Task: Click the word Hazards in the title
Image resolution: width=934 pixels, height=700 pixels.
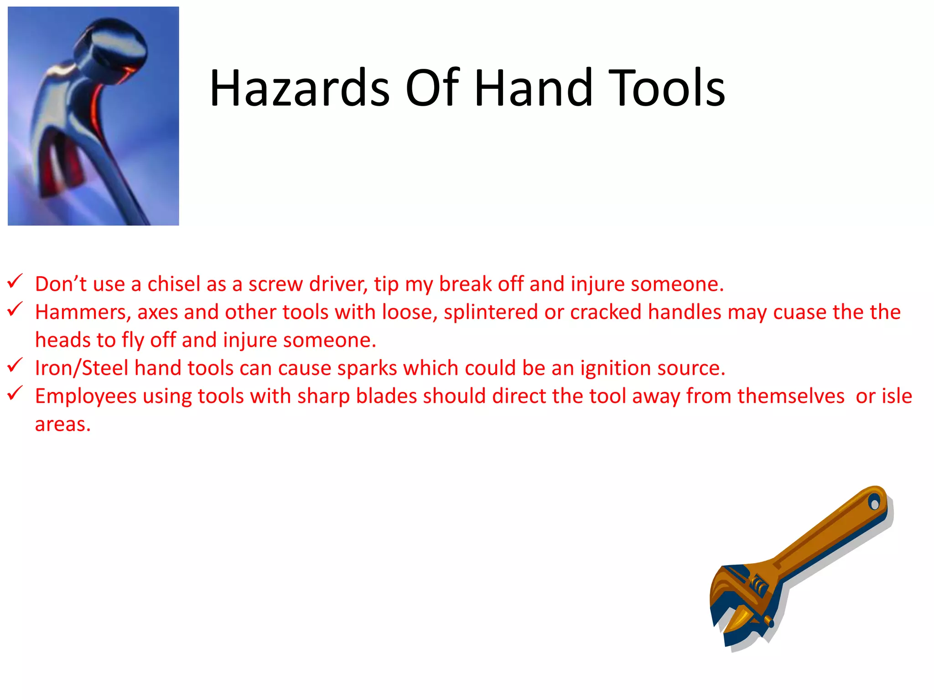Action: click(x=300, y=88)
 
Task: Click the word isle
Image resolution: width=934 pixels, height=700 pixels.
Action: click(x=896, y=396)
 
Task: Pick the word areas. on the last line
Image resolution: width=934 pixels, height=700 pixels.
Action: click(x=63, y=425)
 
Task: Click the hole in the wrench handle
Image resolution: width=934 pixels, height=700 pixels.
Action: click(x=874, y=503)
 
